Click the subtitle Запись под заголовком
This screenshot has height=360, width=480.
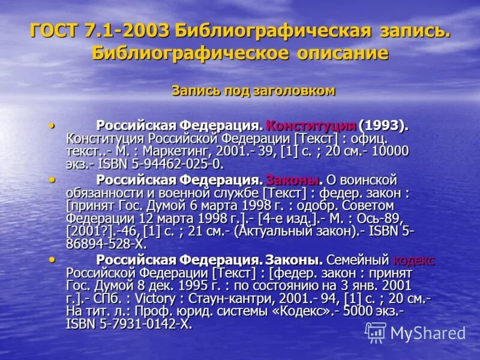pos(253,91)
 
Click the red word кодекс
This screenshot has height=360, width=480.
pos(414,260)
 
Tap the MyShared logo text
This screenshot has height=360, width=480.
pos(428,333)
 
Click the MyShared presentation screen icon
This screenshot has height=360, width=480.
pos(376,332)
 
